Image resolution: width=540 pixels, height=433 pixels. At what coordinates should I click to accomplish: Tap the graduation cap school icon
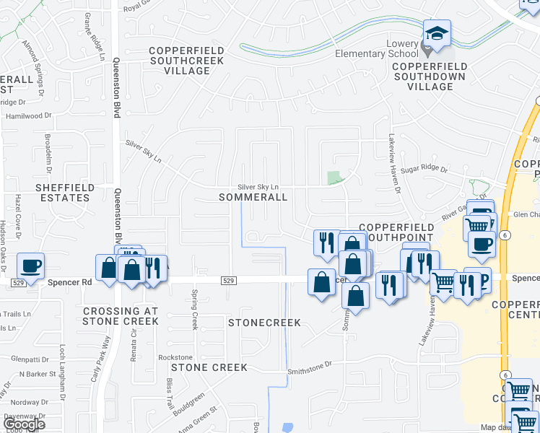[x=436, y=33]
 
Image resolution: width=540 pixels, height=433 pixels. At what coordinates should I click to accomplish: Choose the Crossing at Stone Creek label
[x=120, y=316]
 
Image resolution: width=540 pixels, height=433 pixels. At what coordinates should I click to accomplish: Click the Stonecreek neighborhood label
[x=264, y=323]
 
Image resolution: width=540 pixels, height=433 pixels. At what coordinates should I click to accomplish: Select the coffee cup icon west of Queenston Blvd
[x=30, y=266]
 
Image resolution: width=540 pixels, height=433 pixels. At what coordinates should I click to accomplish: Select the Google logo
[x=24, y=424]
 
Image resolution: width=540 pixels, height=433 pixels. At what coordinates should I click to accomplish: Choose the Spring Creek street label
[x=194, y=309]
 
